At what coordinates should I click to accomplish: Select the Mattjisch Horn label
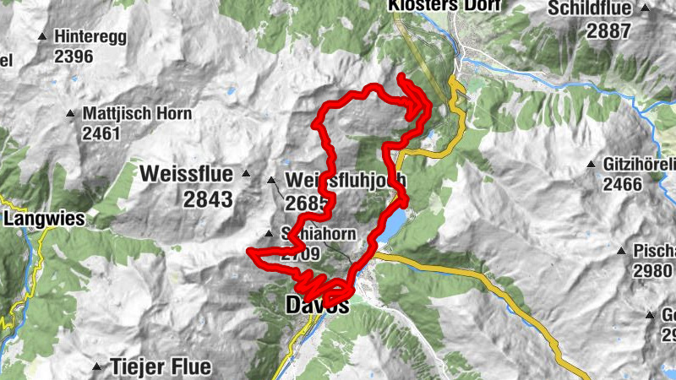pyautogui.click(x=137, y=113)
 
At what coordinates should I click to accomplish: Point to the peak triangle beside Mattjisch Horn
pyautogui.click(x=71, y=113)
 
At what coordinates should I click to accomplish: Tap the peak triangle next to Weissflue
pyautogui.click(x=246, y=174)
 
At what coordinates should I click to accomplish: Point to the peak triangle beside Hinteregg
pyautogui.click(x=42, y=36)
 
